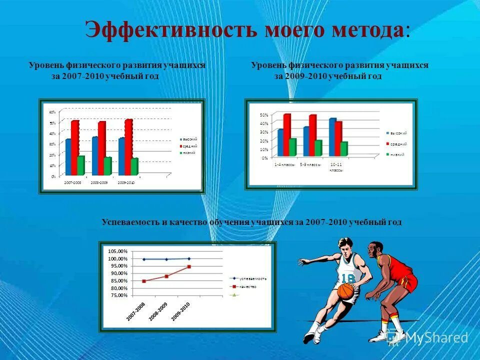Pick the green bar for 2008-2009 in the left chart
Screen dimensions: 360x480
click(x=107, y=166)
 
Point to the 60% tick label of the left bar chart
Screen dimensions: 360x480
click(x=52, y=112)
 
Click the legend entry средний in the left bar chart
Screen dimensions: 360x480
click(x=189, y=145)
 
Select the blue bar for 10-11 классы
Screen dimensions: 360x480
click(x=332, y=137)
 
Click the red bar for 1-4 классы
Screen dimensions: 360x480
click(x=286, y=134)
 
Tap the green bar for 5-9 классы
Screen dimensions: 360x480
click(x=318, y=148)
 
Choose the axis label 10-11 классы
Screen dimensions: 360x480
click(x=335, y=166)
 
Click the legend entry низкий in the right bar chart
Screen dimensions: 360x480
click(x=398, y=154)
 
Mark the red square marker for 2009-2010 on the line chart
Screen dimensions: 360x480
click(x=189, y=266)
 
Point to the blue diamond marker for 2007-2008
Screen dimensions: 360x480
click(x=144, y=259)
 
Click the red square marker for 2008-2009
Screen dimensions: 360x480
click(x=166, y=276)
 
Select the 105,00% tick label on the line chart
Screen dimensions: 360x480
click(x=118, y=251)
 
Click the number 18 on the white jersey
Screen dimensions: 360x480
click(x=348, y=278)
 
